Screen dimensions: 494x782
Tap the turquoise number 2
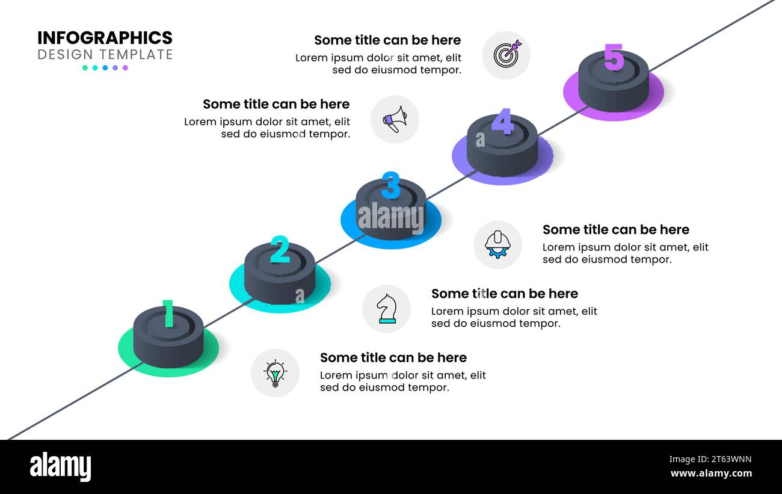coord(280,250)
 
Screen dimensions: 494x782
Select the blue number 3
coord(391,185)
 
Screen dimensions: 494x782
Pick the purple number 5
coord(614,57)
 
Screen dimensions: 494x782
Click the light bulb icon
coord(275,373)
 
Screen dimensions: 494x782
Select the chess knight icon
coord(386,309)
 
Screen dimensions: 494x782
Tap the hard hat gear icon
coord(497,245)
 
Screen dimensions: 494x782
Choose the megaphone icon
coord(395,119)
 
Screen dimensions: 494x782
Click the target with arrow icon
coord(506,55)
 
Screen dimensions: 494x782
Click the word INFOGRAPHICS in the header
coord(105,38)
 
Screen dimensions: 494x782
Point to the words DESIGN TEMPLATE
coord(105,55)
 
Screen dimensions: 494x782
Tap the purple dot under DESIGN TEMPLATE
coord(125,68)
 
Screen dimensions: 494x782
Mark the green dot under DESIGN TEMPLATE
coord(85,68)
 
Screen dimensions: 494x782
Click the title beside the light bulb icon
coord(393,357)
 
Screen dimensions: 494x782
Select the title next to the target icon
coord(387,40)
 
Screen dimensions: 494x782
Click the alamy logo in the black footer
coord(60,466)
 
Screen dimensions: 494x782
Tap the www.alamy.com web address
coord(711,474)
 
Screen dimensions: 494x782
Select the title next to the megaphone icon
coord(276,104)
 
